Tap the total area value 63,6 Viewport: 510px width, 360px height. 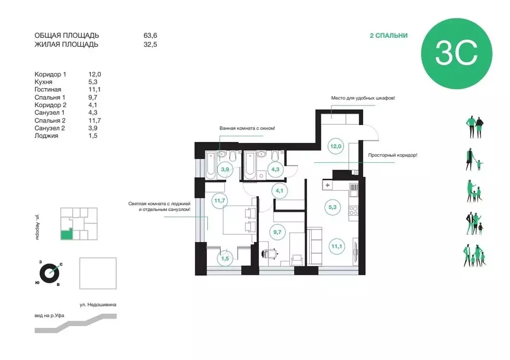150,36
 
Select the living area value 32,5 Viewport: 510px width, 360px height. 150,44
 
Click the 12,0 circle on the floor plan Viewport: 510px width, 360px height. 336,146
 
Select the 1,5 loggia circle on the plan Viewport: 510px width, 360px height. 226,258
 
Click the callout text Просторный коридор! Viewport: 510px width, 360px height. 392,155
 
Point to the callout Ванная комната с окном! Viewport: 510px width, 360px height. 248,128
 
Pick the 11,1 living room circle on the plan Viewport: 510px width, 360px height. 335,245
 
